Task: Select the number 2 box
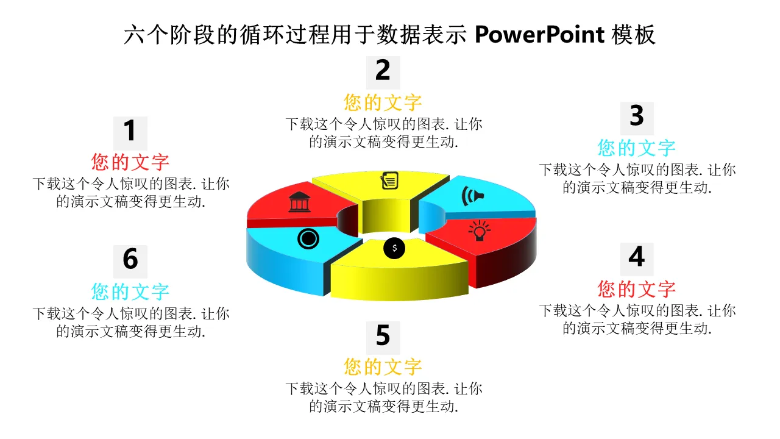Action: click(x=383, y=71)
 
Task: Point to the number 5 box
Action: click(x=383, y=337)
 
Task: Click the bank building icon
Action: click(x=299, y=202)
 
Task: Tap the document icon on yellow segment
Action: click(x=390, y=180)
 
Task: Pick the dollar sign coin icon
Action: click(x=394, y=248)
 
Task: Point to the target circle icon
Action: click(x=308, y=238)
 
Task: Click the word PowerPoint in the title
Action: click(x=539, y=35)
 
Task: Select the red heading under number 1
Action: click(x=130, y=162)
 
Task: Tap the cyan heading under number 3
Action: click(x=637, y=148)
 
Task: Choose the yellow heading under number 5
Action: click(x=383, y=367)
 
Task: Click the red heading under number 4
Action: click(x=637, y=289)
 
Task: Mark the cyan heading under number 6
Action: click(x=130, y=292)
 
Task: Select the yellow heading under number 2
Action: click(x=383, y=102)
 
